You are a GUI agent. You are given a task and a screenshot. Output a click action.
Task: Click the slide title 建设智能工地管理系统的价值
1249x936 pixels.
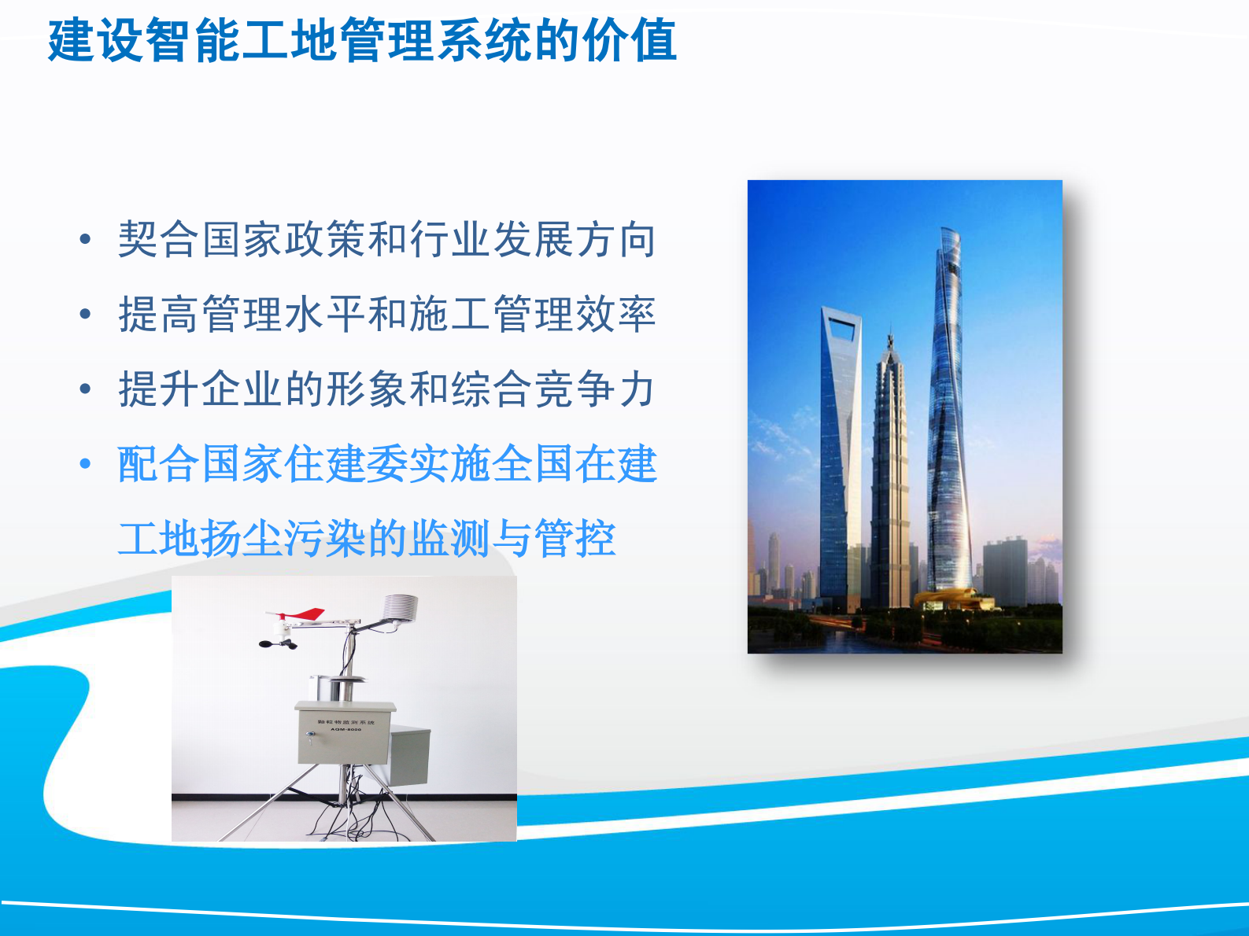(362, 41)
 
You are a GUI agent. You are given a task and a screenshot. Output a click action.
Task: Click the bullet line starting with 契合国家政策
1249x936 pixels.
(386, 240)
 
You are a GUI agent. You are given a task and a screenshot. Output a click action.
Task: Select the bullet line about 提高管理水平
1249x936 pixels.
(386, 315)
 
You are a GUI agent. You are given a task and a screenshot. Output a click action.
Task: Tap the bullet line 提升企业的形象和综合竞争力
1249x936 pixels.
(386, 389)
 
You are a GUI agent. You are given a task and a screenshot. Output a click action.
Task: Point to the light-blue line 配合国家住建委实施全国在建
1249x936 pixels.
(386, 464)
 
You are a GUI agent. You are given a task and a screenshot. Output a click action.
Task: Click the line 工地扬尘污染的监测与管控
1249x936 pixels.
(367, 540)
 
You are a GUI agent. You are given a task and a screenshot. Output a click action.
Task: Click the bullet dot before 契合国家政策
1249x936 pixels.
(86, 241)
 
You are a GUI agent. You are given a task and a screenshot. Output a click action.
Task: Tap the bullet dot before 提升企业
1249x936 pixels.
(86, 390)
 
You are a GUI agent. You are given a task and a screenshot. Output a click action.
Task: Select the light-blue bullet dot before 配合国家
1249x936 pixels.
(86, 465)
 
